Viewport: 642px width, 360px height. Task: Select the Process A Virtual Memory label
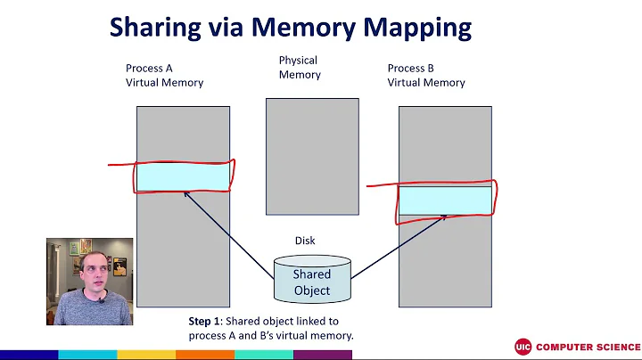[x=164, y=75]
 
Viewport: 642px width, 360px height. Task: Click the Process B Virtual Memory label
[x=426, y=75]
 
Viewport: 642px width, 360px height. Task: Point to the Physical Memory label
[x=299, y=68]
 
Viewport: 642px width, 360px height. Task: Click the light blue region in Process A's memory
[x=183, y=177]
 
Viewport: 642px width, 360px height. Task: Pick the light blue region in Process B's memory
[x=445, y=200]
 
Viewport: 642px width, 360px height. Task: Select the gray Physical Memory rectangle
[x=312, y=156]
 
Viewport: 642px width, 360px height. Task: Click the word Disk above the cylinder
[x=305, y=241]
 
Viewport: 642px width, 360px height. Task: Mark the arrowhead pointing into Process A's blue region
[x=186, y=194]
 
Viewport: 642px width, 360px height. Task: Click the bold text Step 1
[x=205, y=321]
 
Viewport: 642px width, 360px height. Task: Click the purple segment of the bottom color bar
[x=322, y=355]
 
